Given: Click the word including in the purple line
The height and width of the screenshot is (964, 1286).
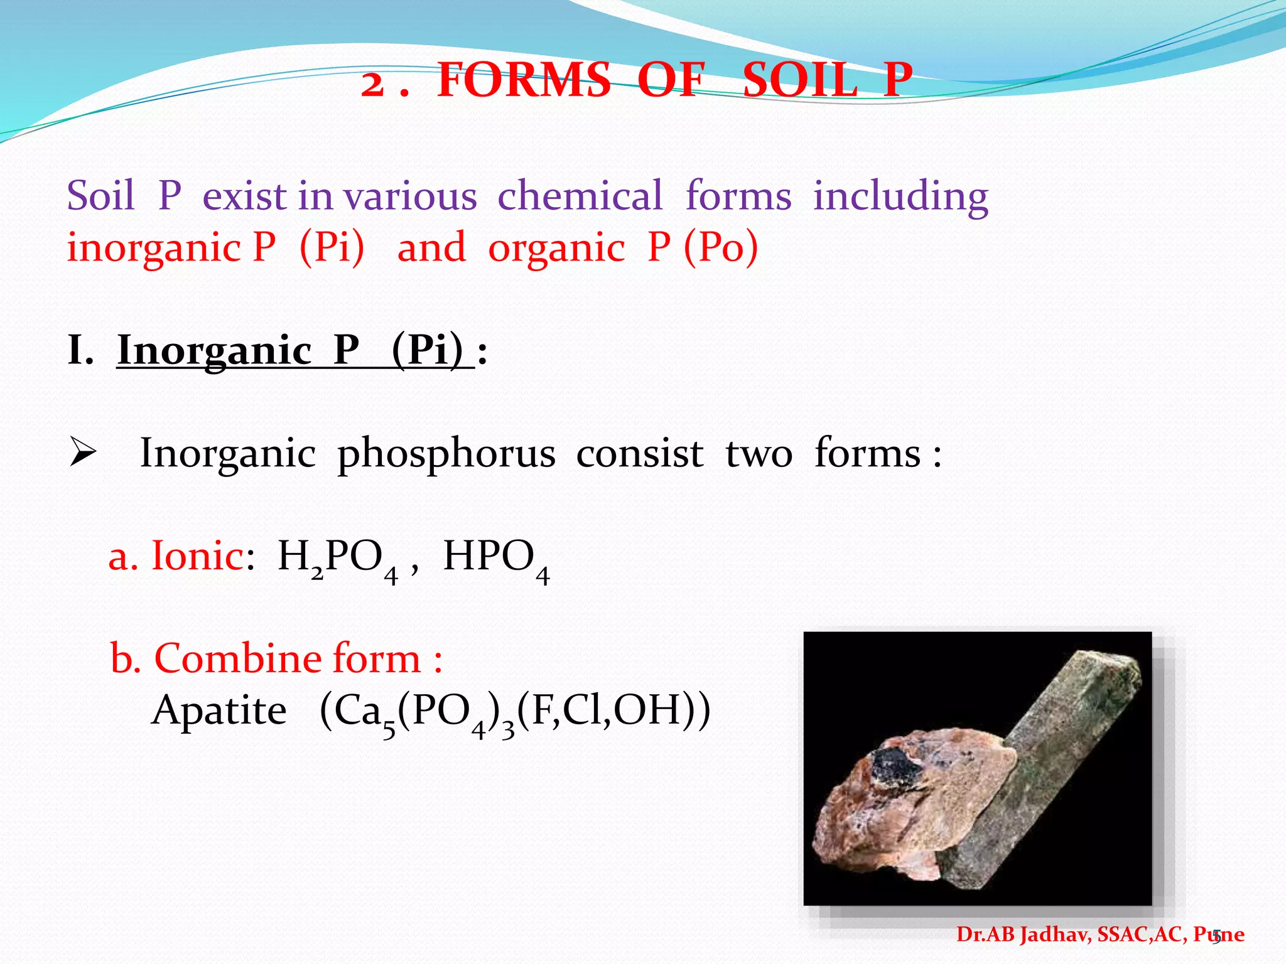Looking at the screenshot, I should point(900,196).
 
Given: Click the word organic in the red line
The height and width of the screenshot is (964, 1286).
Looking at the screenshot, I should point(556,249).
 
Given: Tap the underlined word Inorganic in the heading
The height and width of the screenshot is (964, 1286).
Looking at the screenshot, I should point(214,350).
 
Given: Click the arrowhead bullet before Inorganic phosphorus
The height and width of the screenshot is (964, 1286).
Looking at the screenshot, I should point(82,453).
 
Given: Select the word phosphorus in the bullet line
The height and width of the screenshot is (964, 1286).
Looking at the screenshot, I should point(446,454).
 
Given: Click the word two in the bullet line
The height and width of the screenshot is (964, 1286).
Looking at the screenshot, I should point(759,454).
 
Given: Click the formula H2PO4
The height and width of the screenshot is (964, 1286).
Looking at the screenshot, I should point(338,559).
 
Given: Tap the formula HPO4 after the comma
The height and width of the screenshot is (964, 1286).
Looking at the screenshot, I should point(496,559).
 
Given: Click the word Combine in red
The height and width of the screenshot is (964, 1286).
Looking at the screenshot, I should point(237,658).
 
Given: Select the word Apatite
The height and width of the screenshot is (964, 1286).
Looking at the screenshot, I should point(219,710).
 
